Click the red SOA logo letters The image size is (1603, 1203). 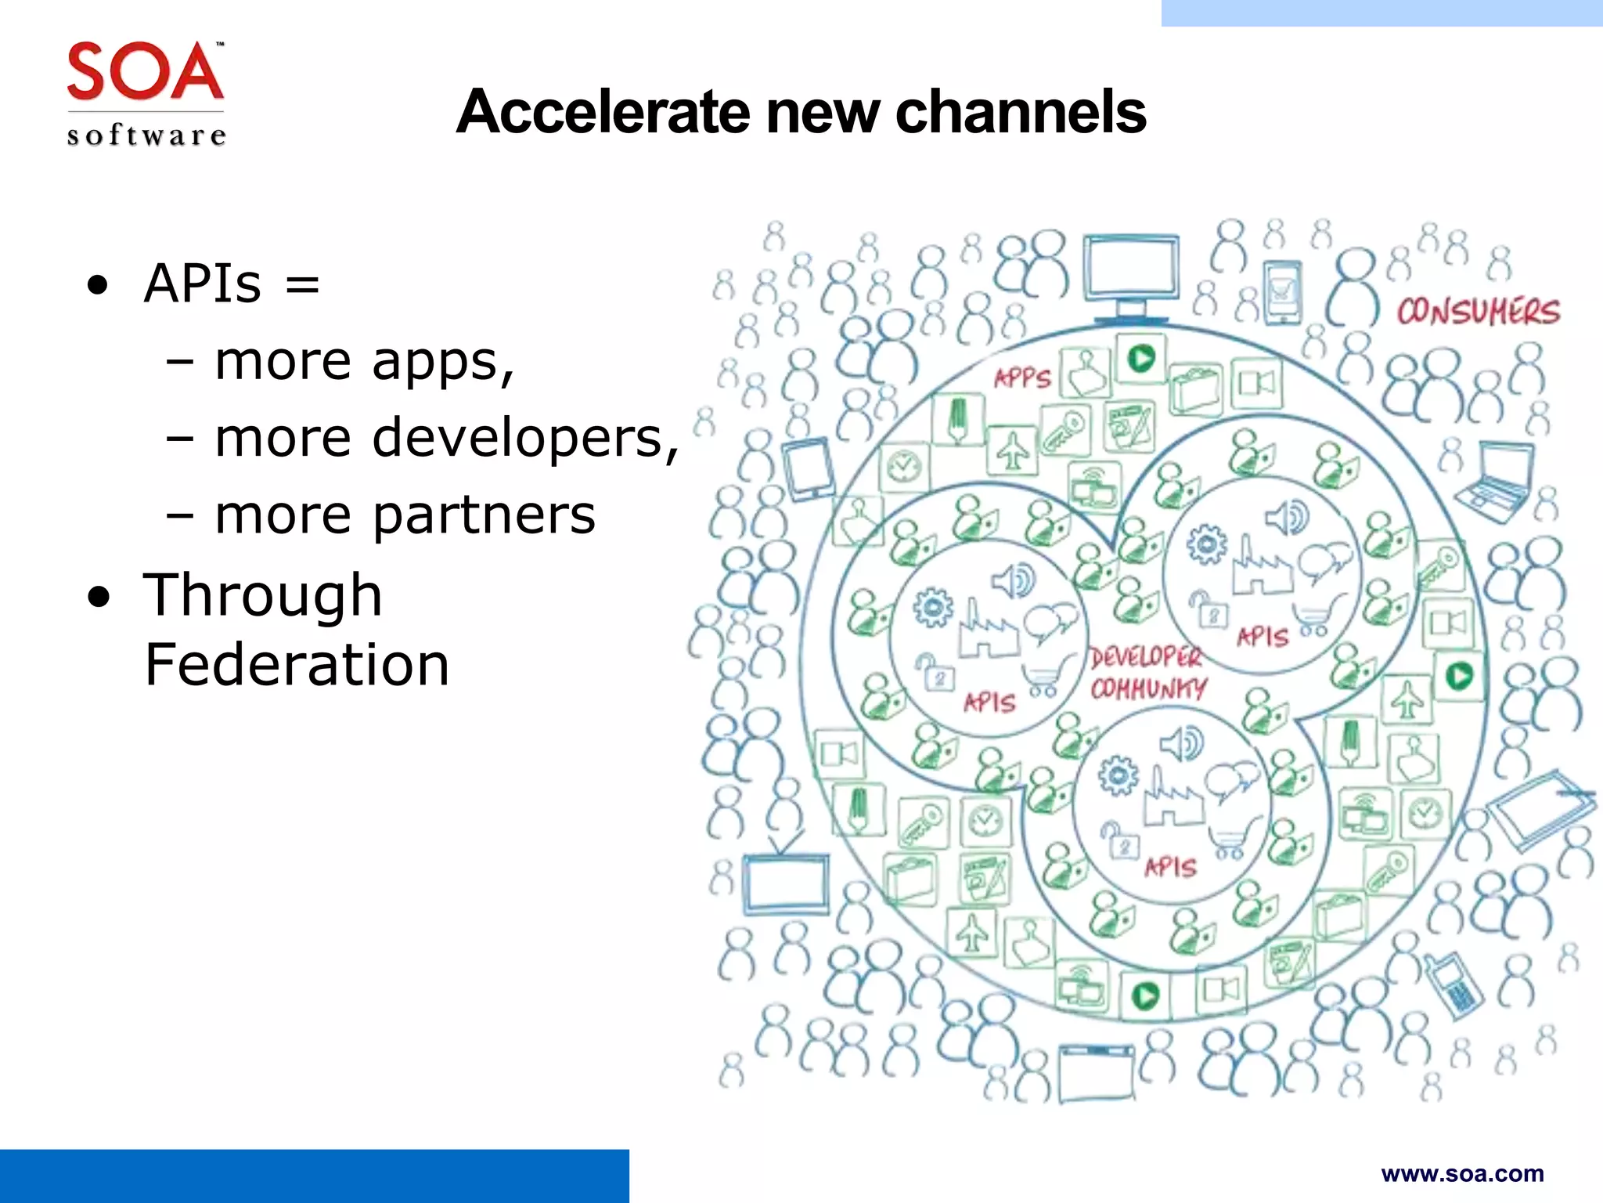point(145,71)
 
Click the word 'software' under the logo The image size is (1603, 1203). point(146,135)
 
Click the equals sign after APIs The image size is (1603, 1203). point(302,284)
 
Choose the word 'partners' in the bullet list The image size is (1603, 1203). point(483,515)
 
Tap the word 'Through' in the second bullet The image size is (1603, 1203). point(262,594)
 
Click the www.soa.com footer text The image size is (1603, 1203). point(1462,1174)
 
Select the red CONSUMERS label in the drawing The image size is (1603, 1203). point(1478,312)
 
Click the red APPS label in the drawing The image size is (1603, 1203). point(1021,378)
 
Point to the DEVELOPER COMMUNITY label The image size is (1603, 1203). point(1148,673)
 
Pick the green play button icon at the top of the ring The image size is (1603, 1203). point(1141,359)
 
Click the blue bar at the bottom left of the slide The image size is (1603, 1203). point(314,1176)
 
